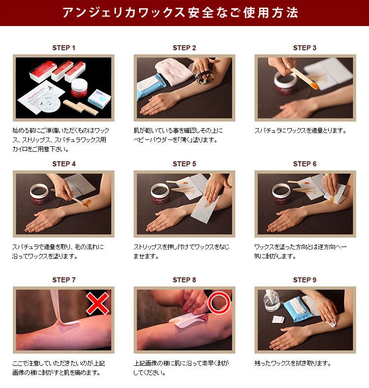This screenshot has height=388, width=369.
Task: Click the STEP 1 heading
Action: (63, 48)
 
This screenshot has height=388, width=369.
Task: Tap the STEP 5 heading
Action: (184, 164)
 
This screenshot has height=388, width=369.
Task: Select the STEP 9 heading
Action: (305, 280)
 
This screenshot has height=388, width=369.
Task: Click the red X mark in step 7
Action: (97, 303)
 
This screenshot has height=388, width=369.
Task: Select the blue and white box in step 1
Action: (99, 99)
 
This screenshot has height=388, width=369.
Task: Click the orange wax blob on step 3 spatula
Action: (314, 86)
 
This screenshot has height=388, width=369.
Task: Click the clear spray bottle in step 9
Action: (272, 301)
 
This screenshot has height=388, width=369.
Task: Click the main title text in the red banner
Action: (181, 12)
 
